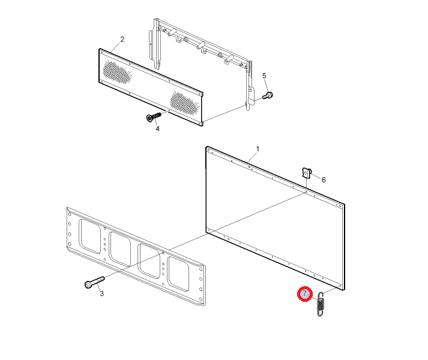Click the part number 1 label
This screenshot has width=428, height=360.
[258, 149]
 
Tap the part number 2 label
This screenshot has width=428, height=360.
[122, 40]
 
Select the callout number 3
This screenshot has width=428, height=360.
[101, 293]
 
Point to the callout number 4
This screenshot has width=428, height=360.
[157, 128]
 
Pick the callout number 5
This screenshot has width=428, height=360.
[264, 76]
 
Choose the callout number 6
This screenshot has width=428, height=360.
[324, 180]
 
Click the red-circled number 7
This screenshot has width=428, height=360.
[304, 294]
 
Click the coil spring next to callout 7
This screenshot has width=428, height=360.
[321, 304]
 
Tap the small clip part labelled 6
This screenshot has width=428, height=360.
[307, 173]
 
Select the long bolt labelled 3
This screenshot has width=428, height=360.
[94, 282]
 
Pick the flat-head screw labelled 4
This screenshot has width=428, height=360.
[154, 117]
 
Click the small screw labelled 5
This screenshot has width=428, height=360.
[268, 95]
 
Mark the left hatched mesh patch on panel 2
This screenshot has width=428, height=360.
[118, 72]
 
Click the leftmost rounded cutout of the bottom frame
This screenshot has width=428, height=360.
[90, 236]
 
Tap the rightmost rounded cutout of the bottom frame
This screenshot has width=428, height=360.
[178, 274]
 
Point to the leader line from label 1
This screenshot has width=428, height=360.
[252, 158]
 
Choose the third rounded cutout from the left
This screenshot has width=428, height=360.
[149, 261]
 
